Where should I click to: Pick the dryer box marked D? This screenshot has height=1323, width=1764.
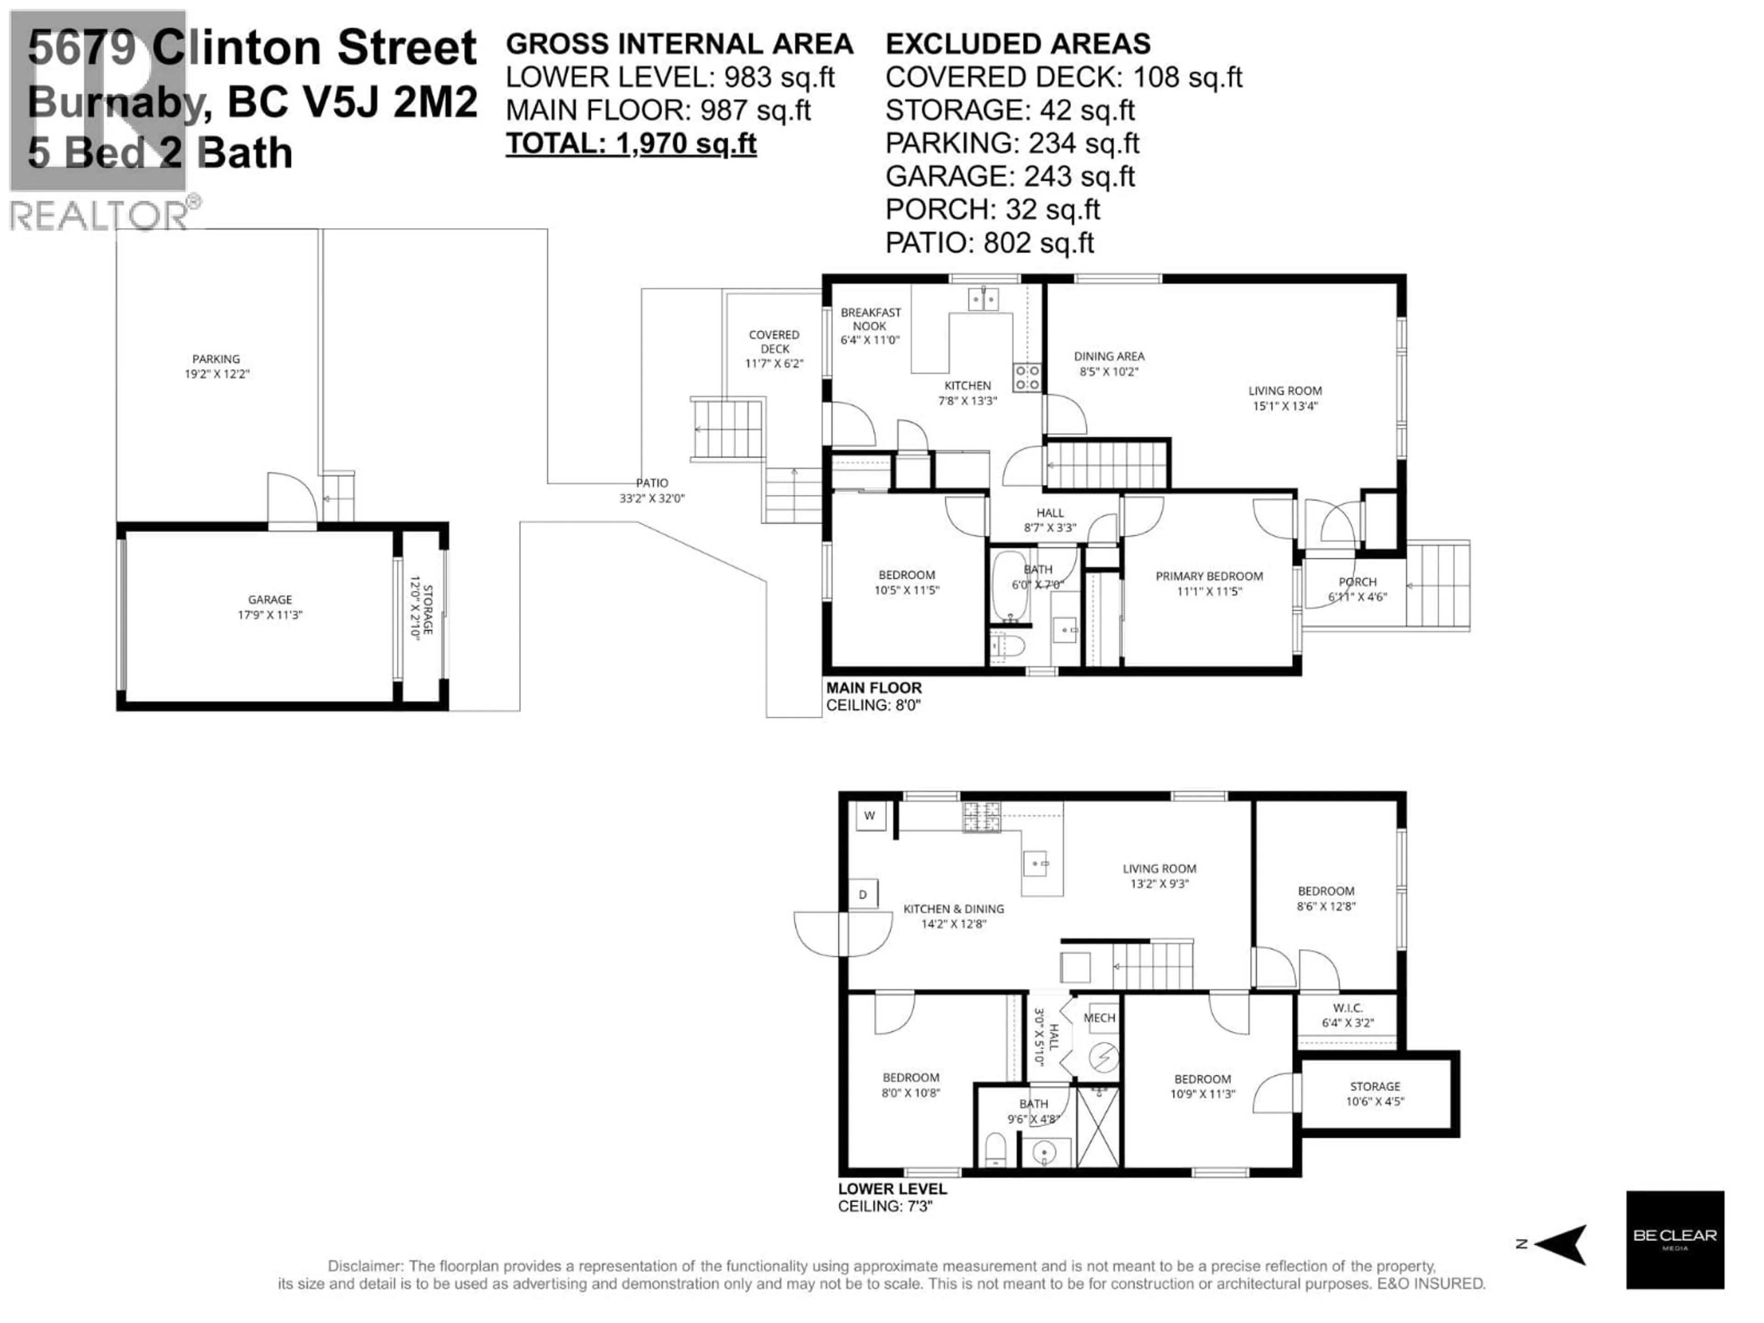pos(863,895)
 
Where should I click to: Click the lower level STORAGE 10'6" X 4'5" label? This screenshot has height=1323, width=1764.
pos(1375,1093)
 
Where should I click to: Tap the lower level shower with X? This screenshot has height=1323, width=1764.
pos(1097,1126)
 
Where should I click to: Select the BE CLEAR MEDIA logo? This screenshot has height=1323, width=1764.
pos(1675,1239)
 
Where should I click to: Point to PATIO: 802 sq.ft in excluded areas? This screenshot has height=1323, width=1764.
pos(989,243)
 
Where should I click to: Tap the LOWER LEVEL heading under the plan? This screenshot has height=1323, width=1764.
pos(892,1189)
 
